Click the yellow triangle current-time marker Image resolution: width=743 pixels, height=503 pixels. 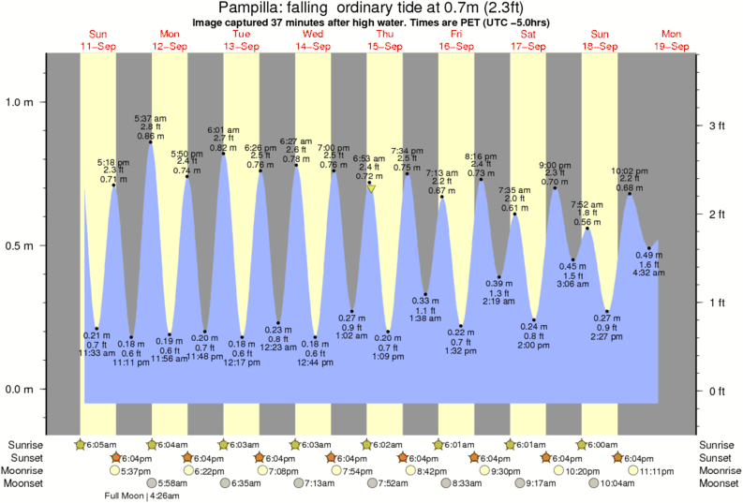point(372,188)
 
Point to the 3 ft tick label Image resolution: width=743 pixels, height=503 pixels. point(714,126)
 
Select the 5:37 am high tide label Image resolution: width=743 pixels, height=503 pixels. point(151,119)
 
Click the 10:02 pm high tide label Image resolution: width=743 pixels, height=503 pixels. point(629,171)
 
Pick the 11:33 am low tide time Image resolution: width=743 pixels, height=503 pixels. point(97,352)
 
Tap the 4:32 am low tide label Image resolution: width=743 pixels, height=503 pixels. point(649,274)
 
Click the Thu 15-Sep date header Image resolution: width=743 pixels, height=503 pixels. point(384,40)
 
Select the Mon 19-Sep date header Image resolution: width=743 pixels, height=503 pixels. point(672,40)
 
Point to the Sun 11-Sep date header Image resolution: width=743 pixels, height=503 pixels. point(97,40)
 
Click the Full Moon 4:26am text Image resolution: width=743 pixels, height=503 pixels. point(149,496)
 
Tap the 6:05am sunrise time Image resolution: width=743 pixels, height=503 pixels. point(101,444)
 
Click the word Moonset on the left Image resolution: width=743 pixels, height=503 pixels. point(26,483)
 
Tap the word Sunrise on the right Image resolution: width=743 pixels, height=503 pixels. point(718,444)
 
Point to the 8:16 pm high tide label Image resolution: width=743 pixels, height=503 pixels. point(482,156)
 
